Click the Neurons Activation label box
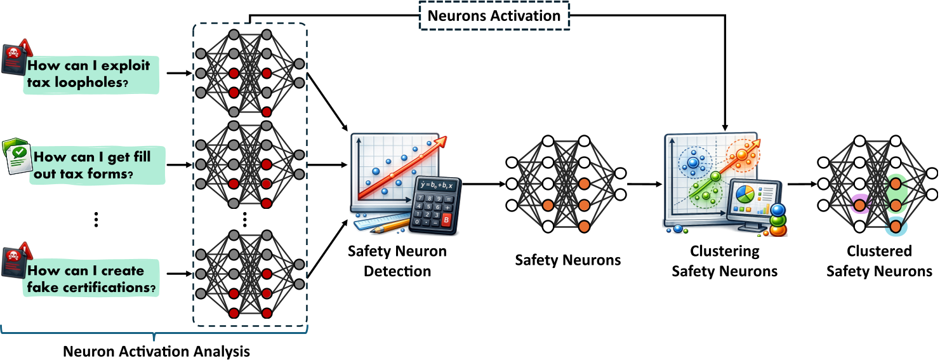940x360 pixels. click(x=494, y=16)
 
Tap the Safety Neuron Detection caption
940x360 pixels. click(x=397, y=261)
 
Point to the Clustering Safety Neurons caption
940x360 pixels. click(x=724, y=261)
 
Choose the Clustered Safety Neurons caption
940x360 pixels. click(x=879, y=261)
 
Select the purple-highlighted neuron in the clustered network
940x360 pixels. click(x=860, y=204)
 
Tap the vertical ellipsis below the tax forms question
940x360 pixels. click(x=96, y=220)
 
